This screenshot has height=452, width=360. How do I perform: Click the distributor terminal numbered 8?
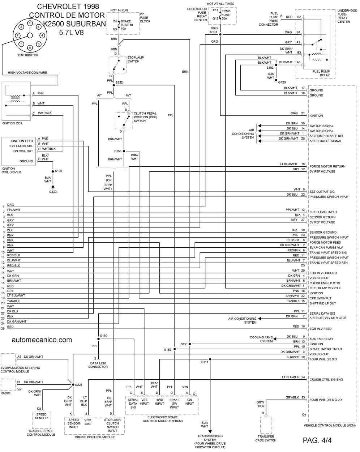pos(38,27)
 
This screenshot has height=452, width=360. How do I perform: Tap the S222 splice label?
pos(119,82)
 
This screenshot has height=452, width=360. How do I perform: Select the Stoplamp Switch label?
pos(136,59)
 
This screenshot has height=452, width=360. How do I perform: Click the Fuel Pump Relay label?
pos(321,73)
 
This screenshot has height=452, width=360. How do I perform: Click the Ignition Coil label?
pos(12,123)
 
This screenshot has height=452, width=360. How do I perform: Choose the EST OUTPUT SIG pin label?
pos(322,192)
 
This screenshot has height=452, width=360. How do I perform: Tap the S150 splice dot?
pos(98,339)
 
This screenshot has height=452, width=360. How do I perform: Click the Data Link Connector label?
pos(98,365)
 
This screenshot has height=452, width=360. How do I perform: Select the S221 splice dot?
pos(73,385)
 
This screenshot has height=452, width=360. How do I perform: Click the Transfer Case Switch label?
pos(266,438)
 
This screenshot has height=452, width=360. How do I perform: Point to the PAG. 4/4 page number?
pos(317,440)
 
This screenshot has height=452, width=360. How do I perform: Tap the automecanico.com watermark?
pos(42,340)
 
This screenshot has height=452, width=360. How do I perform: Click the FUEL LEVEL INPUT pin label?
pos(323,212)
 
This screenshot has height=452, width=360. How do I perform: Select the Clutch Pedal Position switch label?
pos(145,117)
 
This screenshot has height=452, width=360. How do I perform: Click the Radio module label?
pos(5,393)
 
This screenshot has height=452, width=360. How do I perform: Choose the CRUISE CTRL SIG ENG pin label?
pos(326,380)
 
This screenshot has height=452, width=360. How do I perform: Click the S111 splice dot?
pos(210,359)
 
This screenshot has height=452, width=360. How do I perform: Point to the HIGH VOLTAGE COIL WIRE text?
pos(27,72)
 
